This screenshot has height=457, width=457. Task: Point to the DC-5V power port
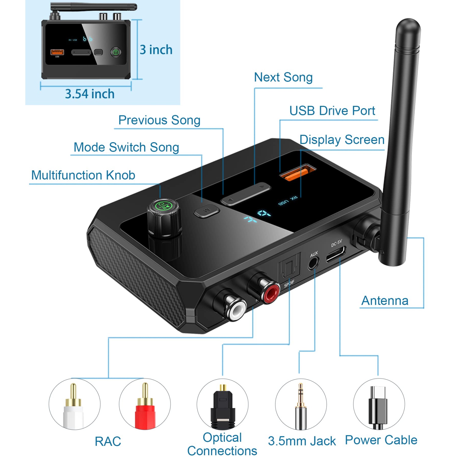point(336,254)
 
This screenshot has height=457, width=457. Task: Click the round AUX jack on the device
point(313,263)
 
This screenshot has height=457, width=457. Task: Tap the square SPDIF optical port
point(288,266)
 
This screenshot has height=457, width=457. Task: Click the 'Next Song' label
point(283,77)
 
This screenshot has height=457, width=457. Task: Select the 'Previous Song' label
point(159,120)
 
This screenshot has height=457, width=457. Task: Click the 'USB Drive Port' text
point(332,111)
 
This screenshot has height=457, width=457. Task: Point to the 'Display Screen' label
point(342,140)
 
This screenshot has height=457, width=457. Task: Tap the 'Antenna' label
point(385,301)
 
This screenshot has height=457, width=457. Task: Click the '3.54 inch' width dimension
point(90,94)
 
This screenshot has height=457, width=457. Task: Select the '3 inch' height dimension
point(156,50)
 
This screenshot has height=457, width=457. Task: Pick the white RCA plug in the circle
point(73,406)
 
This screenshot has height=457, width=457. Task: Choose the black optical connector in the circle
point(223,407)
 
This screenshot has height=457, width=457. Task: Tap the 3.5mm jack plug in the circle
point(301,407)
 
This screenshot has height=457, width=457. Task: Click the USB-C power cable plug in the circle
point(378,407)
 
